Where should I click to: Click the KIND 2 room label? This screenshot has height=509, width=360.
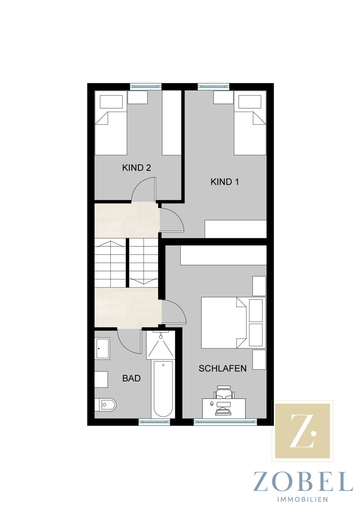click(136, 168)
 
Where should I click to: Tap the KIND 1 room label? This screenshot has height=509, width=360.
click(225, 182)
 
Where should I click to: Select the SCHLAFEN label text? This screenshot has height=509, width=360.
click(222, 368)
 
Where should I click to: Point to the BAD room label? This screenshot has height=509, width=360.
click(132, 378)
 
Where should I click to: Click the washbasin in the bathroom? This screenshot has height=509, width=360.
click(102, 348)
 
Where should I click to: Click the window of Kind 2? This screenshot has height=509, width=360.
click(146, 87)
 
